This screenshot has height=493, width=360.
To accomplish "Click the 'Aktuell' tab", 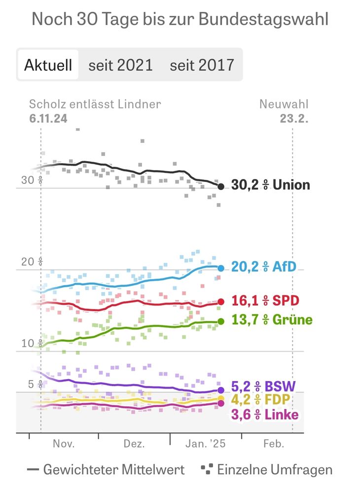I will (x=48, y=65).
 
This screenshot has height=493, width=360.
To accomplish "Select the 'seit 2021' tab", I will (x=120, y=65).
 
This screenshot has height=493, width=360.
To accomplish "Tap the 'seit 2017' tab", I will (x=202, y=65).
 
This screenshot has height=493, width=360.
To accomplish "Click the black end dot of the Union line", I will (x=221, y=186).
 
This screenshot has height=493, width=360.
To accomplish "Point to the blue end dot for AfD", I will (x=221, y=268).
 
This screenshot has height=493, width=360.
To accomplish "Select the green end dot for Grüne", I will (x=221, y=321).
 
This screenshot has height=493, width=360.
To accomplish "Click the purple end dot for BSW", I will (x=221, y=390).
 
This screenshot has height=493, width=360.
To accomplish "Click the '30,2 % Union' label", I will (x=271, y=185).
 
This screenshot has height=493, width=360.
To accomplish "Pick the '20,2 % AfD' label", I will (x=264, y=267).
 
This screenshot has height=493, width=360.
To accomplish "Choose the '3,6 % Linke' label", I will (x=265, y=415).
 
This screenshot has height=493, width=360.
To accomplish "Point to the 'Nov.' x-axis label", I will (x=64, y=444).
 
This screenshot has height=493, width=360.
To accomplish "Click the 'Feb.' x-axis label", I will (x=274, y=444).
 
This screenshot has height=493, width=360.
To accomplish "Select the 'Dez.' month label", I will (x=134, y=444).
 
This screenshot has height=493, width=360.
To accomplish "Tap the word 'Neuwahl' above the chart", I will (x=284, y=104).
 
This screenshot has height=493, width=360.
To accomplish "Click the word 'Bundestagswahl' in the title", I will (x=264, y=20).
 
